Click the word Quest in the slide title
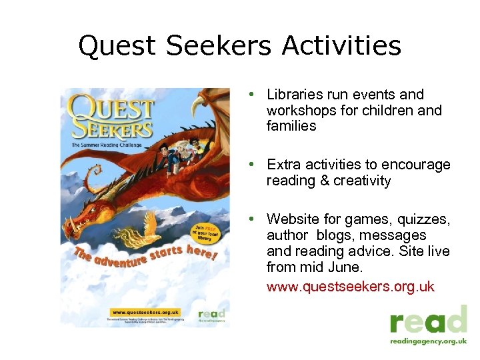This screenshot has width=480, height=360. tap(117, 47)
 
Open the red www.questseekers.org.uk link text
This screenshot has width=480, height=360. tap(350, 287)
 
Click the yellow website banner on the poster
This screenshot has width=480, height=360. tap(145, 312)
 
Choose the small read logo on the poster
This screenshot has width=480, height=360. tap(213, 315)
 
